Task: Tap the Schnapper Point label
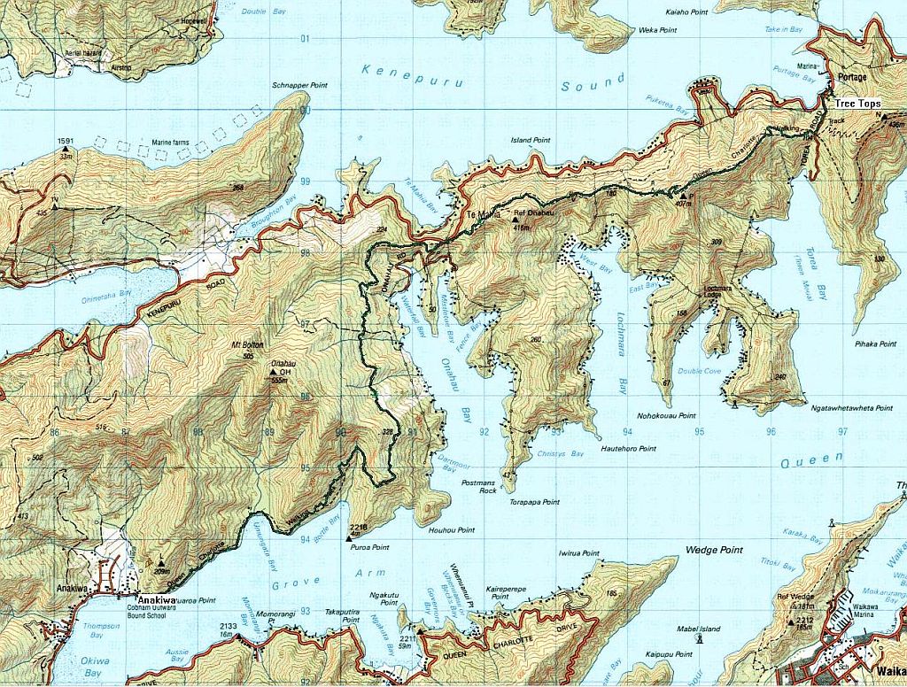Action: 300,85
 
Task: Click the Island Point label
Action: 531,141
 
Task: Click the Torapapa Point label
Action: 534,502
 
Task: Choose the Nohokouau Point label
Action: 666,415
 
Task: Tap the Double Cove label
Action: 698,372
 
